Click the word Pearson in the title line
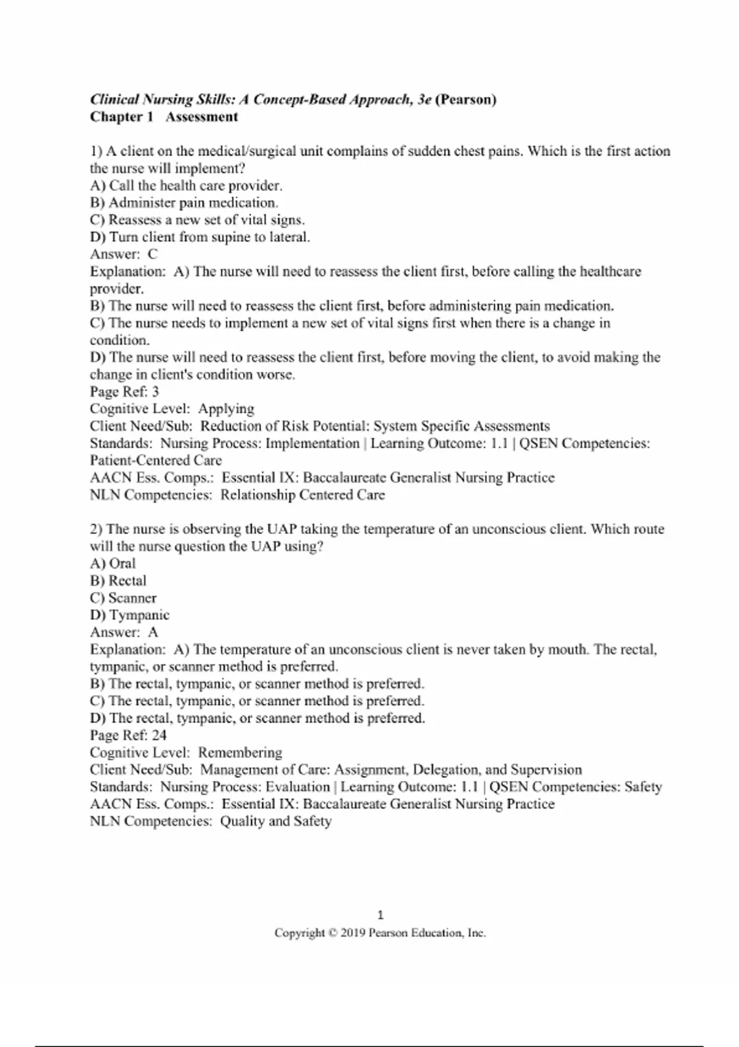466,100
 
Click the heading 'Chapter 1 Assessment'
164,117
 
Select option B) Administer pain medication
184,203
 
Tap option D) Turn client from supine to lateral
200,237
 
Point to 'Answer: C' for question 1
124,254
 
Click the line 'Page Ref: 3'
124,392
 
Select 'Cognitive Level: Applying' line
172,409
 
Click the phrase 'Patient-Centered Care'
156,461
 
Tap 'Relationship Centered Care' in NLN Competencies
302,495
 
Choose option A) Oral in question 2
113,564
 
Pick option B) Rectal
118,581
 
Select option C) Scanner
123,598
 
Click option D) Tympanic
129,615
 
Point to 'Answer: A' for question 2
124,633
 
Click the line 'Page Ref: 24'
128,735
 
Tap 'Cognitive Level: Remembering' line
186,753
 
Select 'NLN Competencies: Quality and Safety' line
211,822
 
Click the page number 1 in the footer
380,915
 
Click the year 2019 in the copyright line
353,933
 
